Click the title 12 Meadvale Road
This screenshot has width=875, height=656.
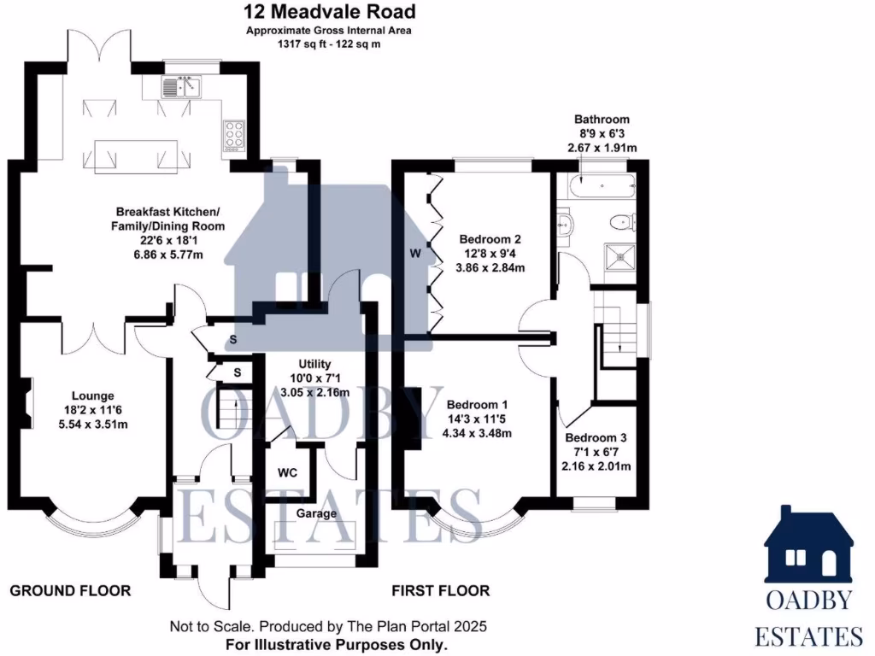[330, 12]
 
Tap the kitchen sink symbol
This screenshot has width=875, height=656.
[181, 85]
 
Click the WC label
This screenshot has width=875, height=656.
[288, 472]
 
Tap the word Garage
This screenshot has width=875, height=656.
[316, 513]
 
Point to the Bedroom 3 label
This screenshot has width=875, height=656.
[596, 436]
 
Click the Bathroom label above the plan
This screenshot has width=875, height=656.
[602, 120]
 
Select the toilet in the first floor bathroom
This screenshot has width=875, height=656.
[621, 222]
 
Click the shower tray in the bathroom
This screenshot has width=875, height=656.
[619, 257]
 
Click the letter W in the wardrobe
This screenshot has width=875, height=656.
[414, 253]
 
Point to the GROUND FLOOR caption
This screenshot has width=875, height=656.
[70, 590]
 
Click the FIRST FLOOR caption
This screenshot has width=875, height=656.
[440, 590]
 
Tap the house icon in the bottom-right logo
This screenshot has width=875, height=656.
[807, 546]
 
